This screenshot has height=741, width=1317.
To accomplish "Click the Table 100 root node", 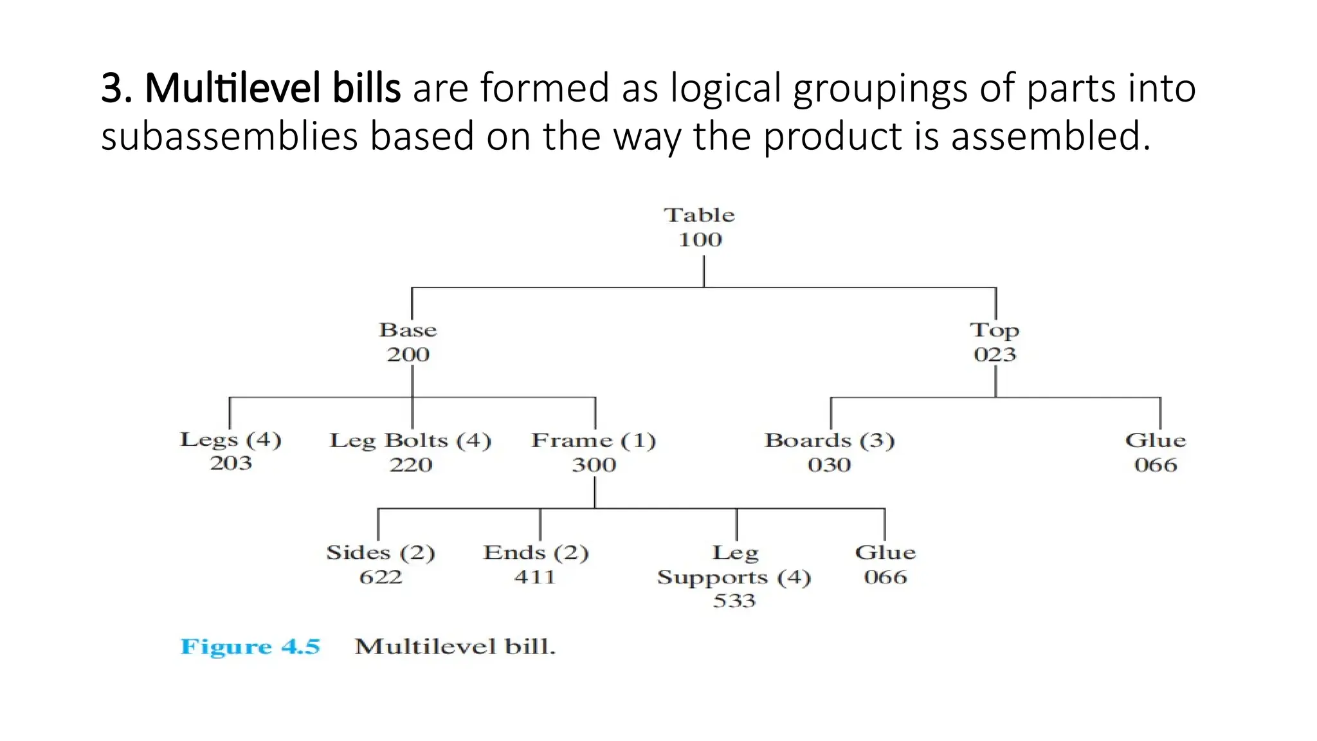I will (700, 227).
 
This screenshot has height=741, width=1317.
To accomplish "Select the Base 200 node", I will (408, 342).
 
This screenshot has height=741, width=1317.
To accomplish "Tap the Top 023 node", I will (994, 342).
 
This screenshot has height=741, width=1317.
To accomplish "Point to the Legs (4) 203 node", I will (231, 451).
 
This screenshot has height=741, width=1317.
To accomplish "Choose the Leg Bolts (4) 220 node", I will (410, 452).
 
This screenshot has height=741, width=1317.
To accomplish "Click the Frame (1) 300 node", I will (594, 452).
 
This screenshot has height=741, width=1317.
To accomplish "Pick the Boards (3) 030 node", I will (830, 452).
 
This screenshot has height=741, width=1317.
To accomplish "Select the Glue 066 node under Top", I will (1156, 452).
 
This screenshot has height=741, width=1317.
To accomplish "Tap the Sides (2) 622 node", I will (381, 564).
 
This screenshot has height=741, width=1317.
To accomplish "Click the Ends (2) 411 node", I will (536, 564).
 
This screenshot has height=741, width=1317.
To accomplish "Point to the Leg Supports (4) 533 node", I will (734, 576).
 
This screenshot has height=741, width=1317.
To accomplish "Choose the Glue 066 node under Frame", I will (886, 564).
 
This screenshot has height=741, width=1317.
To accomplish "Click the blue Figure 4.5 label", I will (250, 646).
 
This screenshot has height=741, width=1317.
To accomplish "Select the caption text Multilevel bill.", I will (455, 646).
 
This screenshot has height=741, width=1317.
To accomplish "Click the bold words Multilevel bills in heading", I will (273, 88).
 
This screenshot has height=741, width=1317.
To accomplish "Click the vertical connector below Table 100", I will (704, 271).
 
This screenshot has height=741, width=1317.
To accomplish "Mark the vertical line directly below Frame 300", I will (595, 493).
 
